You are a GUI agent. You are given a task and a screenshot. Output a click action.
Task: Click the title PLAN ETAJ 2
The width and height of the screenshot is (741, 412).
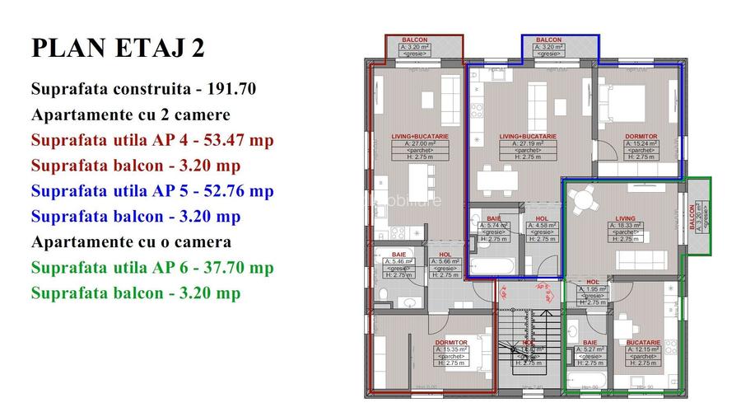pos(118,49)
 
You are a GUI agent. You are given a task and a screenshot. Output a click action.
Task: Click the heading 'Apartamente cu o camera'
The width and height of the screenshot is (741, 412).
pos(132,242)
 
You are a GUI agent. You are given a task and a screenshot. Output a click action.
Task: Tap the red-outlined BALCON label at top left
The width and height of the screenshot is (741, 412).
pos(414,40)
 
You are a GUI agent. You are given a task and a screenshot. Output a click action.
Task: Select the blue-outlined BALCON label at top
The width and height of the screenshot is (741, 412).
pos(548,40)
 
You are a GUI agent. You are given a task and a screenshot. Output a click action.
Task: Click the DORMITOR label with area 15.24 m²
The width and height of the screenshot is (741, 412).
pos(641,136)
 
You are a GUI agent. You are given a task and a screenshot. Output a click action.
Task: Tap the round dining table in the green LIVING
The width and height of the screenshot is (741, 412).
pos(584,199)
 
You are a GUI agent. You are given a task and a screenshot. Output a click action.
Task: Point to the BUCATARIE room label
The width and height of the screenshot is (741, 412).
pos(642,342)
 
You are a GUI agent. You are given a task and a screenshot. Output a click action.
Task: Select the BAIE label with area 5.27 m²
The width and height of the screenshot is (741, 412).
pos(590,342)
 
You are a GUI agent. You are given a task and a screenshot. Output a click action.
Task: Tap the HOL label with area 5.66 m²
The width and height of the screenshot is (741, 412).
pos(445,255)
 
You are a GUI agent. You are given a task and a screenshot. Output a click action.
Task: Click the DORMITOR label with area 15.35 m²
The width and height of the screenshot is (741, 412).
pos(451,342)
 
